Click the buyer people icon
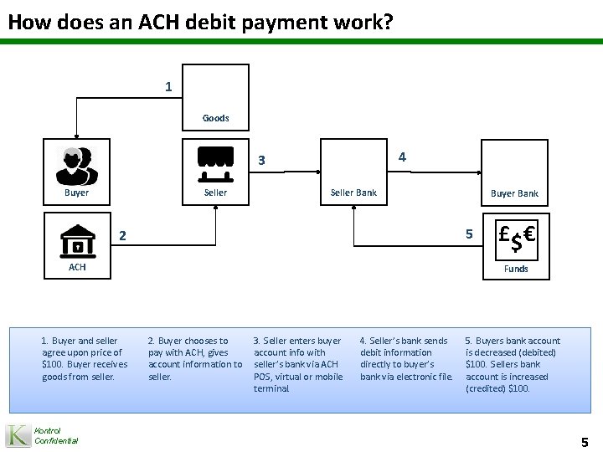76,164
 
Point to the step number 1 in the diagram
169,86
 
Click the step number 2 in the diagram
122,237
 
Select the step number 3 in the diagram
261,161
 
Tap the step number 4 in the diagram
402,157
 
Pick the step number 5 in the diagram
469,234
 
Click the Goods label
215,118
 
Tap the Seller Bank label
353,193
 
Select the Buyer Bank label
514,193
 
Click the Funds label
515,269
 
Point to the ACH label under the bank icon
77,267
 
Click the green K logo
18,435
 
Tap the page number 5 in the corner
585,441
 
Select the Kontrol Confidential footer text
56,435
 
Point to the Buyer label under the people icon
76,193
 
